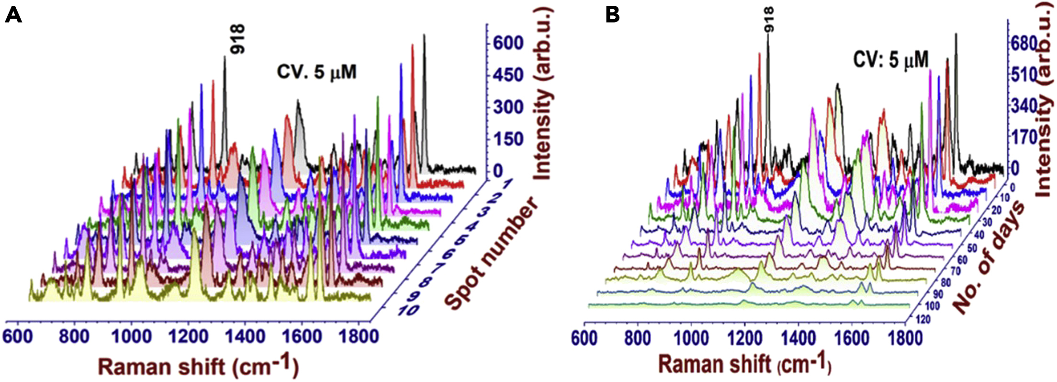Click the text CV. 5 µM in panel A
316,72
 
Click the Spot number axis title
493,254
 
